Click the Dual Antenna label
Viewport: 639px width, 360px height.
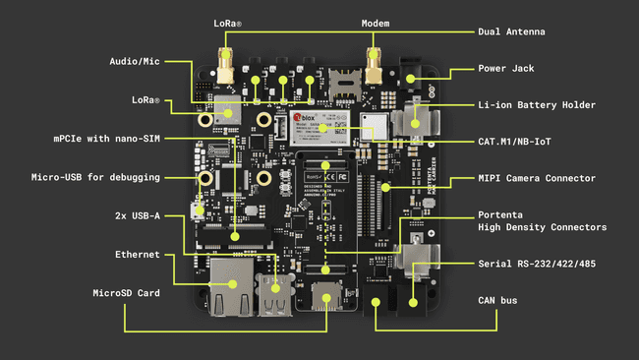click(x=510, y=31)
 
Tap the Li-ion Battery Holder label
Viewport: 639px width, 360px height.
click(x=536, y=104)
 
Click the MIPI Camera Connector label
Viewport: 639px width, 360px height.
click(x=537, y=178)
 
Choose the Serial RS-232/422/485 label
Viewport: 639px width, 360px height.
click(x=536, y=264)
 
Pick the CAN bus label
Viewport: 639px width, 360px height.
click(x=497, y=300)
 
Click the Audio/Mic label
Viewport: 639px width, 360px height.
click(x=136, y=61)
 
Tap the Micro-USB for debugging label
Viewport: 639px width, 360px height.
click(x=95, y=177)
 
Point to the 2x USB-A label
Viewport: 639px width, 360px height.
click(x=138, y=214)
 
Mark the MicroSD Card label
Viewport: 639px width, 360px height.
click(x=126, y=292)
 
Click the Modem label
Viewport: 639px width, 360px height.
click(x=375, y=22)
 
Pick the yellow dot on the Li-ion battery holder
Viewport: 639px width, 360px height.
click(x=413, y=124)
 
